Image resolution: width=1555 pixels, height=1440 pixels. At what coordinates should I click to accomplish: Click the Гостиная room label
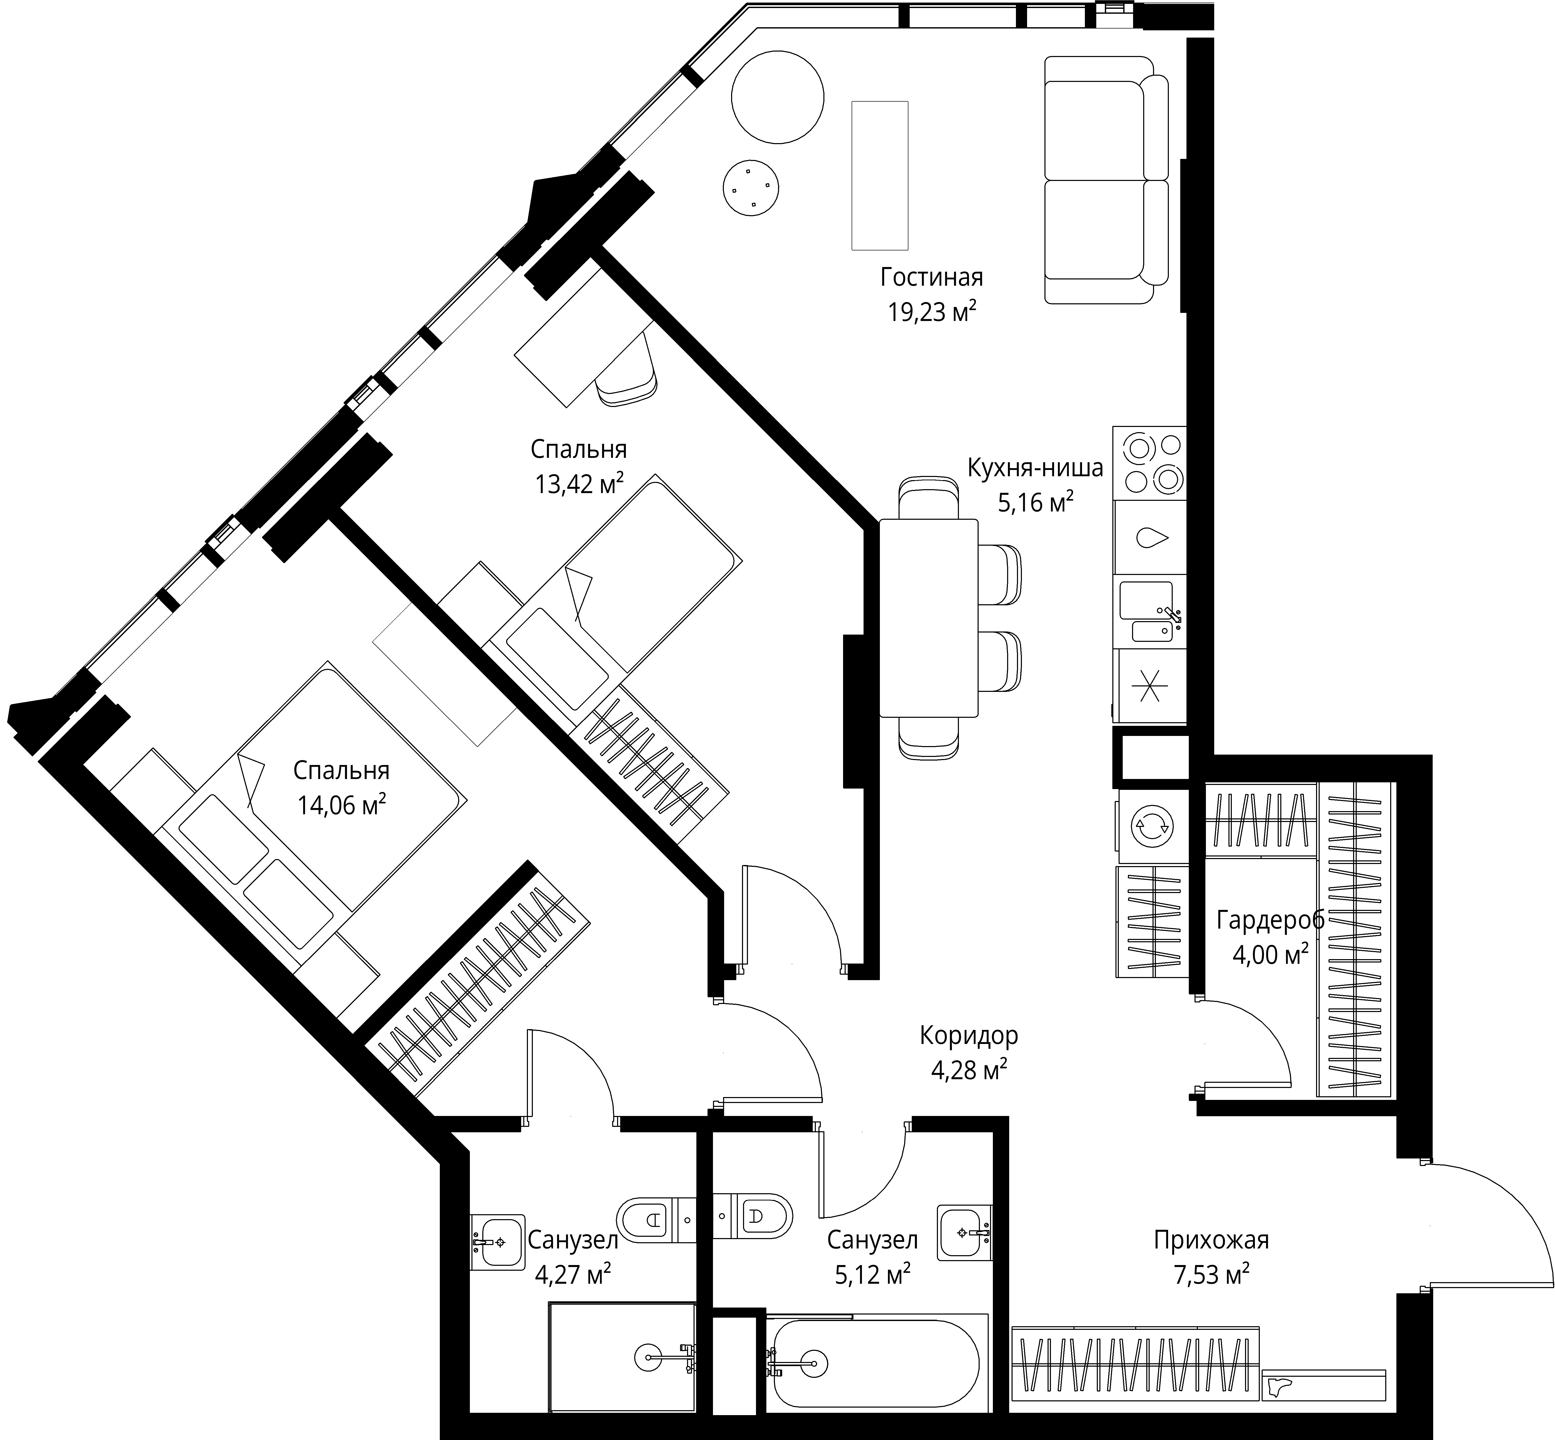[932, 277]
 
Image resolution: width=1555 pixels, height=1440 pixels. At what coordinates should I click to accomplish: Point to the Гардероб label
[1271, 920]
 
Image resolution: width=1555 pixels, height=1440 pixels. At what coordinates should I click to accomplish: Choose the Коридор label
[968, 1036]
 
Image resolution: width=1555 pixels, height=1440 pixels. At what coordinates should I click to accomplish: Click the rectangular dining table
[928, 617]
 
